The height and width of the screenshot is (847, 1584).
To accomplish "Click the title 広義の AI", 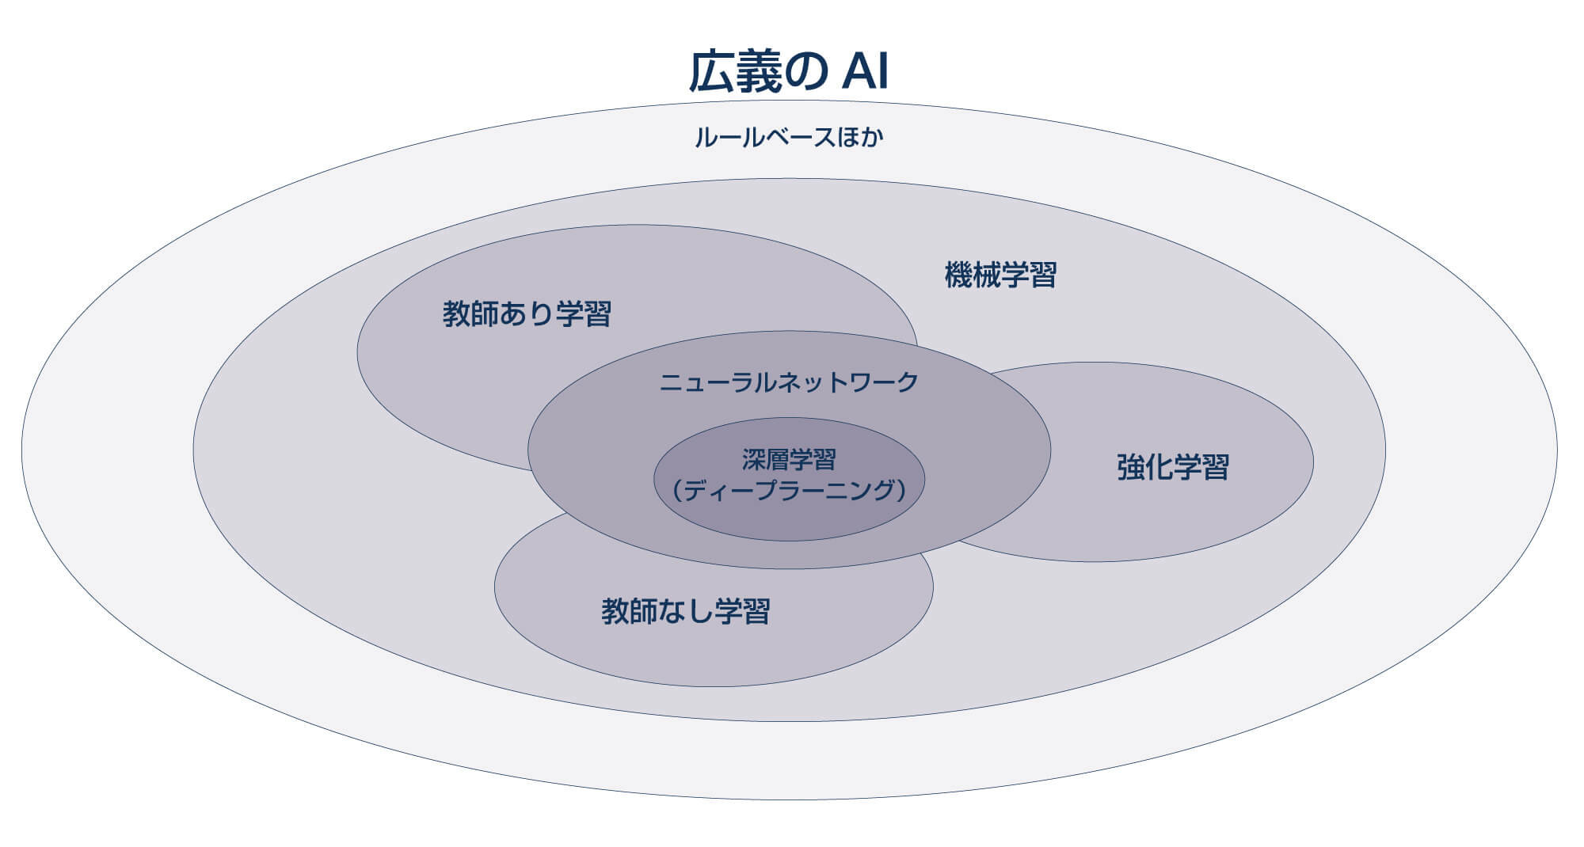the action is click(789, 73).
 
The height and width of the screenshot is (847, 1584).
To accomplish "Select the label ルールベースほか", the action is click(789, 138).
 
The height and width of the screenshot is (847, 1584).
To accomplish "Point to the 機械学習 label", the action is click(1000, 275).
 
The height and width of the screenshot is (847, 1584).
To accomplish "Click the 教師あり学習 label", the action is click(527, 314).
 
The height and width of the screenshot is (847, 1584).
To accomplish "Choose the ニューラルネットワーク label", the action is click(789, 383).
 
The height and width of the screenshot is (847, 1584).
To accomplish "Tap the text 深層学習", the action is click(789, 460).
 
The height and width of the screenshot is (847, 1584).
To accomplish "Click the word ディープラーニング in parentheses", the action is click(789, 491).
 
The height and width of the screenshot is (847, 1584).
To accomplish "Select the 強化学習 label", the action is click(1173, 467).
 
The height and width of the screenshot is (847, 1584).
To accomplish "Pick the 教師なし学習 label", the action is click(686, 611).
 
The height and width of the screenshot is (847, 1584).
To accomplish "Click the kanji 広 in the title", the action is click(710, 73).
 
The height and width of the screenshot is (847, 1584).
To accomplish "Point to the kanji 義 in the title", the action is click(757, 73).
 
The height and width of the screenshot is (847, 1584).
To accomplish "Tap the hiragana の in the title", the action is click(805, 74).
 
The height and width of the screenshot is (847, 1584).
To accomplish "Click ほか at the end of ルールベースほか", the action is click(860, 138).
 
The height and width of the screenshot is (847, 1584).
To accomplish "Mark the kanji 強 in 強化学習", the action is click(1130, 467).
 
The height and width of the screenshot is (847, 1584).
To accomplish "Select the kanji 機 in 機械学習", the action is click(958, 275).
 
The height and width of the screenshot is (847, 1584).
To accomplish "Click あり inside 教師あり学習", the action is click(526, 314).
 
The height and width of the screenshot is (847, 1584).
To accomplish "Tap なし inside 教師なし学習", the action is click(685, 611).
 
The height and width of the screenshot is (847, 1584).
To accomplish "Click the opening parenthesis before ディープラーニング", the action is click(677, 491).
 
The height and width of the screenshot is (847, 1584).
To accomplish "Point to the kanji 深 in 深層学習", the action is click(754, 460).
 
